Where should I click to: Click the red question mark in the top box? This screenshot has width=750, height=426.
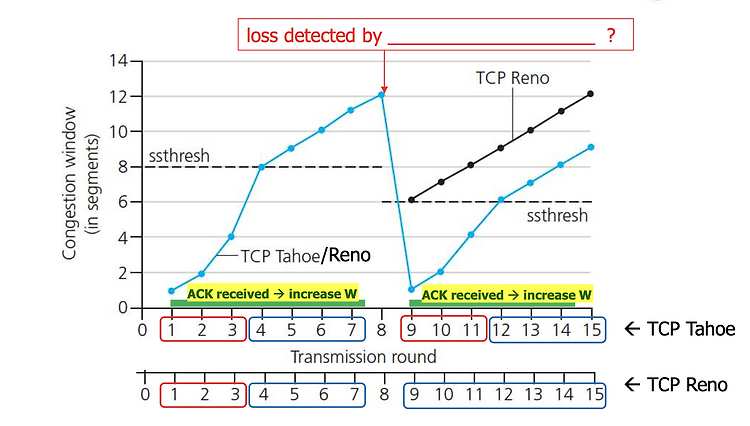coord(611,35)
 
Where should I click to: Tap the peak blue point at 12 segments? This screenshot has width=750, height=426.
coord(381,95)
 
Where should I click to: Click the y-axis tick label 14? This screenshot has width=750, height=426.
coord(118,61)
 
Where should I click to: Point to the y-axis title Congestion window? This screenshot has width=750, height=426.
coord(69,183)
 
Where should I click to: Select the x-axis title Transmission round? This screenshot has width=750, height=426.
coord(364,357)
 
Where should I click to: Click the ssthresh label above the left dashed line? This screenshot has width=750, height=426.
coord(179,156)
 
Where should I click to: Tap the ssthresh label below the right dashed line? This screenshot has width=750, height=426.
coord(557,216)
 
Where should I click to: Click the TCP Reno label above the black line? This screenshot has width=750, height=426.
coord(512,78)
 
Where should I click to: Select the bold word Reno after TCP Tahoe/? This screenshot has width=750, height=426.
coord(349,255)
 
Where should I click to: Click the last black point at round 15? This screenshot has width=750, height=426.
coord(590,94)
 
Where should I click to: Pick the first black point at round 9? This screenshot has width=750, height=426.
coord(411,200)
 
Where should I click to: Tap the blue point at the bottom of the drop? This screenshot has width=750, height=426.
coord(411,289)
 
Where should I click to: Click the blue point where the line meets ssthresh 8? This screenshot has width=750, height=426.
coord(262,167)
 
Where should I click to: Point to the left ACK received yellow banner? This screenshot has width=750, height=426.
coord(272,294)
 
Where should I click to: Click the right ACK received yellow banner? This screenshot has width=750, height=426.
coord(507,295)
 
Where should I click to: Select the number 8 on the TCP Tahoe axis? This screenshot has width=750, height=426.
coord(381,330)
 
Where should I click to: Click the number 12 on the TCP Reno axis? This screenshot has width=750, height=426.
coord(503,394)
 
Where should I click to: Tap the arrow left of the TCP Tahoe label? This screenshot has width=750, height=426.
coord(632,329)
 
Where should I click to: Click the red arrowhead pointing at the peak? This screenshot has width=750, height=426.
coord(384,89)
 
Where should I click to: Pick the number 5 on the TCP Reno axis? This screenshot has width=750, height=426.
coord(294,394)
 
